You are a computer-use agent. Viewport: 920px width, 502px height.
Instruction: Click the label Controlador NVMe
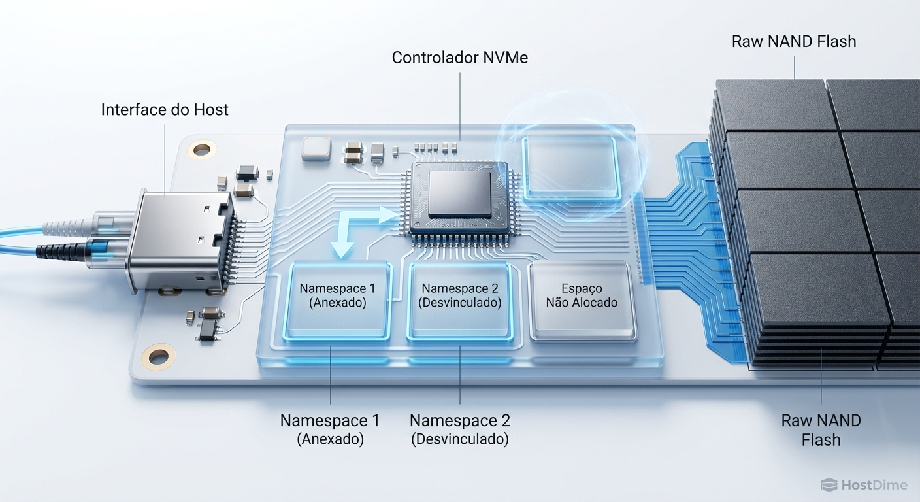click(x=459, y=58)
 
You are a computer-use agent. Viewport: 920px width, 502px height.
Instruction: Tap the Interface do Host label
click(x=165, y=109)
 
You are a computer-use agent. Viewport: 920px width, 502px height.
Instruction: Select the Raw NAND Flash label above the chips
click(x=793, y=41)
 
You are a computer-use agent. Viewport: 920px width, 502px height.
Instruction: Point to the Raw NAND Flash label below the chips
click(x=821, y=429)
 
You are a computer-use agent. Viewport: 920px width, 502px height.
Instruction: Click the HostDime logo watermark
click(x=864, y=484)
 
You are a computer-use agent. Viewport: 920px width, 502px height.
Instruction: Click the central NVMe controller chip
click(x=460, y=195)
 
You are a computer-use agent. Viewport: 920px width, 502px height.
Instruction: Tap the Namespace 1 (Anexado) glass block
click(x=337, y=300)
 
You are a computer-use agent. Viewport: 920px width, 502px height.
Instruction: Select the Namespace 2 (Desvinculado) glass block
click(x=459, y=300)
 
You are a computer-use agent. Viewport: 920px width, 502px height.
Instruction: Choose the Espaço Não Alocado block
click(x=582, y=300)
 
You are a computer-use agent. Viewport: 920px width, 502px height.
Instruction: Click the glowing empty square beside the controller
click(x=570, y=167)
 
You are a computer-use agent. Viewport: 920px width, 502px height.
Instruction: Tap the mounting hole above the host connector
click(x=202, y=150)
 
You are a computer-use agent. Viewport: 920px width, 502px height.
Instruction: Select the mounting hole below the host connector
click(x=158, y=356)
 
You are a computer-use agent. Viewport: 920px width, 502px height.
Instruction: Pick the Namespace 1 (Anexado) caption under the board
click(x=330, y=429)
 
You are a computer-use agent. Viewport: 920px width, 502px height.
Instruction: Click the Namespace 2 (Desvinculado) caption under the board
click(x=459, y=429)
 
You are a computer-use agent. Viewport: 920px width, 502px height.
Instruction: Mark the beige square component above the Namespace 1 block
click(x=316, y=148)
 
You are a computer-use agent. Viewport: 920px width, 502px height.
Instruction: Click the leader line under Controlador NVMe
click(x=459, y=105)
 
